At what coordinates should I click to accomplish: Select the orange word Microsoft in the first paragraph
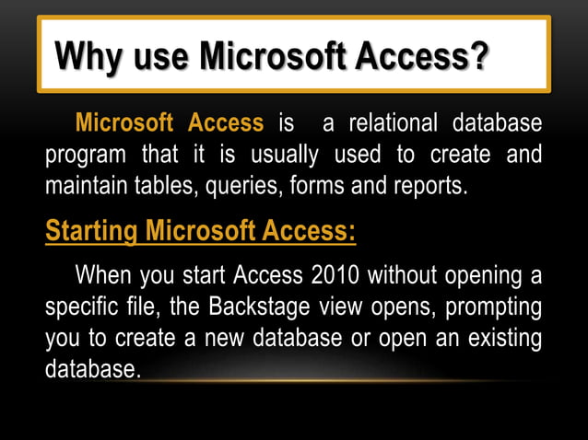(x=124, y=122)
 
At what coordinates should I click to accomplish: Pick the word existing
(x=505, y=339)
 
